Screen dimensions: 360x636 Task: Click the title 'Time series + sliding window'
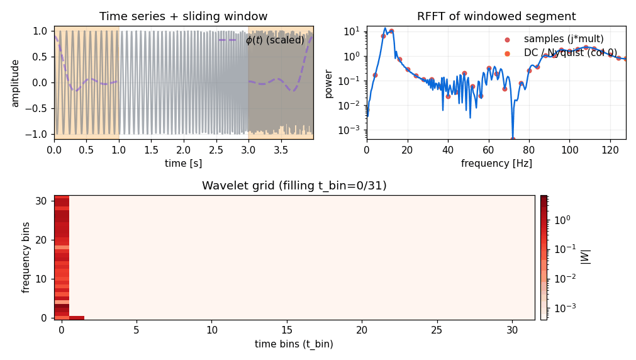tap(183, 16)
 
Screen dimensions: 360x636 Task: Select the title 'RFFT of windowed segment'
tap(496, 16)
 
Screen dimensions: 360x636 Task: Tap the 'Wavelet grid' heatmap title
tap(294, 186)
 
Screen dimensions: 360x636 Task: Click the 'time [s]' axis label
tap(183, 164)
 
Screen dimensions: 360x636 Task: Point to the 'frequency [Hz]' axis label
tap(496, 164)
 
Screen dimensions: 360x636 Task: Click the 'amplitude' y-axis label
tap(15, 82)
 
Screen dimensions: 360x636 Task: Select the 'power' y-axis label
tap(328, 82)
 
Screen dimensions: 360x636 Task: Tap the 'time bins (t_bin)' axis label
tap(294, 344)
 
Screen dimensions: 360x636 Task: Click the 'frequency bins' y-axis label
tap(26, 257)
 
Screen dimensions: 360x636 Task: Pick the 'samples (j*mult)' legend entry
tap(553, 39)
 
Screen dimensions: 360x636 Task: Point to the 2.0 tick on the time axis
tap(183, 150)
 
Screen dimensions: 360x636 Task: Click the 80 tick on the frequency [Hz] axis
tap(529, 150)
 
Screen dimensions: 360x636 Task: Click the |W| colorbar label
tap(586, 257)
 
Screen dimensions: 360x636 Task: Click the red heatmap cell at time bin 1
tap(77, 318)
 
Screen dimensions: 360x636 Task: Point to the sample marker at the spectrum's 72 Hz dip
tap(513, 139)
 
